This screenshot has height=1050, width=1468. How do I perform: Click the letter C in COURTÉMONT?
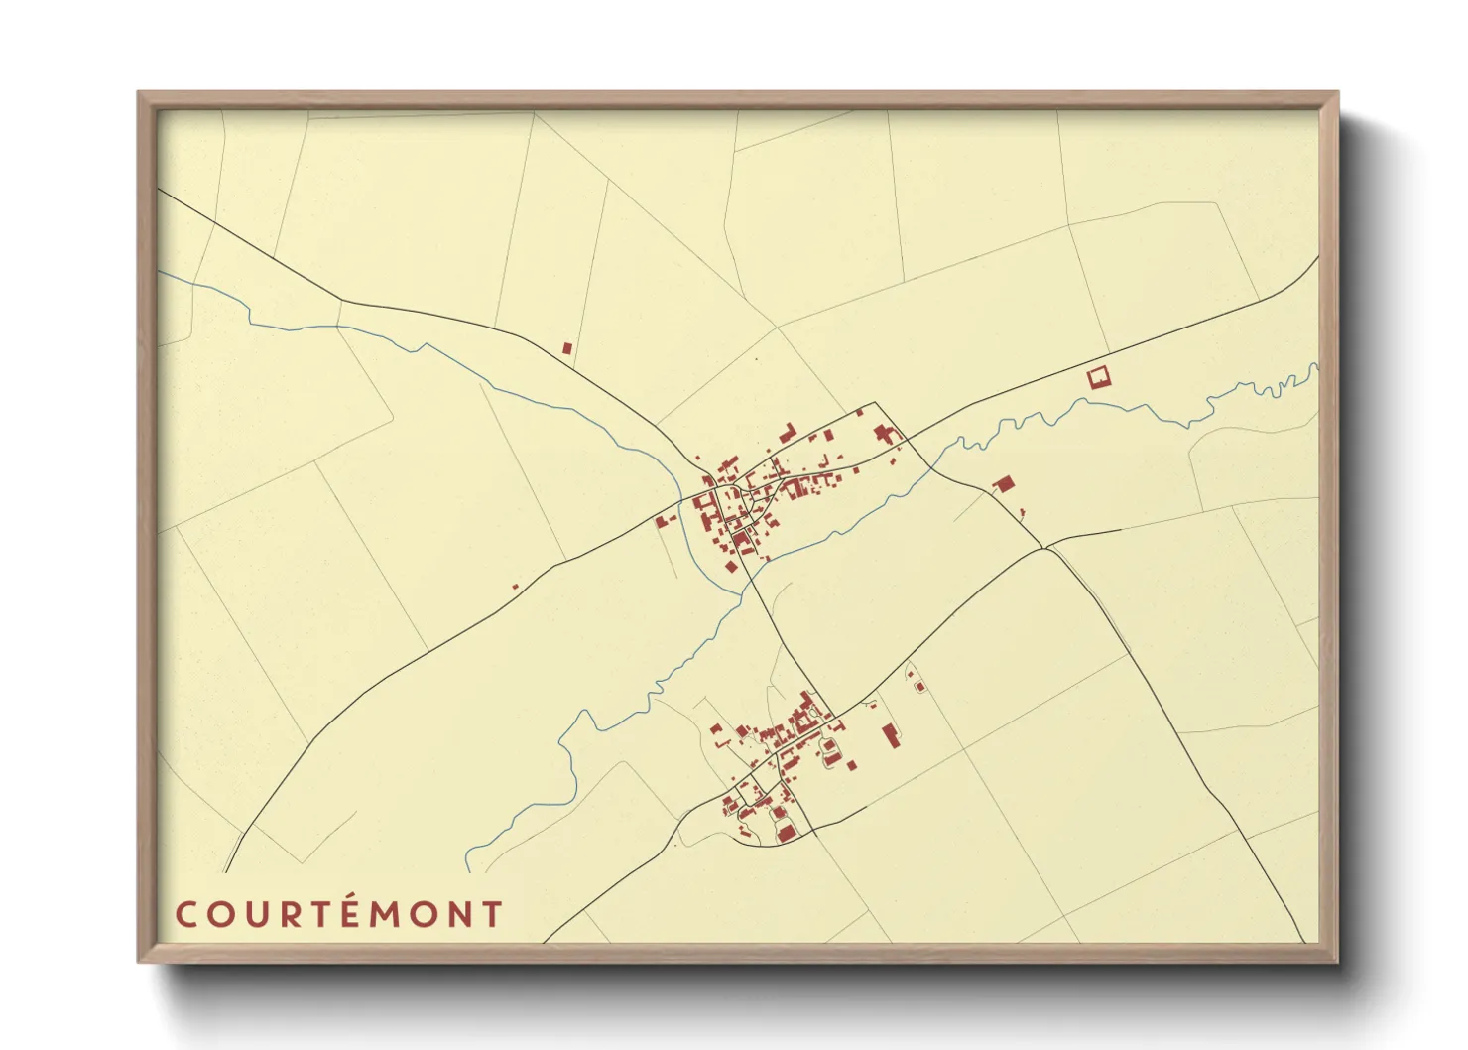(x=185, y=914)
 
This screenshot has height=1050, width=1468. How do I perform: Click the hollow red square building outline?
(x=1098, y=377)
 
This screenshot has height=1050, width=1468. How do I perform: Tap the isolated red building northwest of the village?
(x=567, y=348)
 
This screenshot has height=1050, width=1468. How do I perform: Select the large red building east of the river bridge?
(x=1004, y=484)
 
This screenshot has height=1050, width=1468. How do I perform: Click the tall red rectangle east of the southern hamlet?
(x=891, y=735)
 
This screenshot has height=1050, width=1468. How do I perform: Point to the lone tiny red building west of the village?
(x=515, y=587)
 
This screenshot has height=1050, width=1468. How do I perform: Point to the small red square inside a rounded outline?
(x=918, y=686)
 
